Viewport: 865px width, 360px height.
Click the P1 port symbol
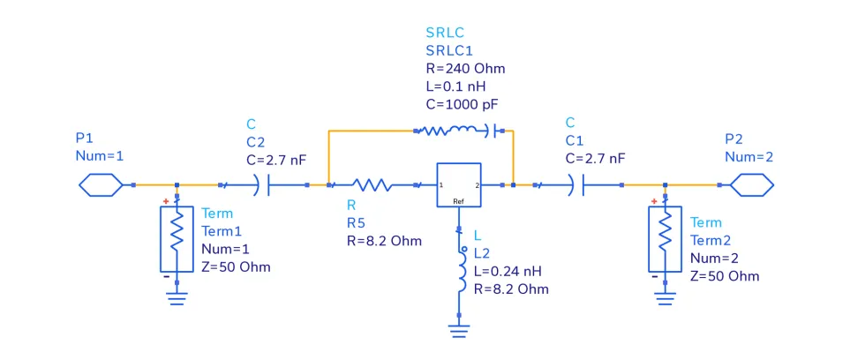pyautogui.click(x=101, y=185)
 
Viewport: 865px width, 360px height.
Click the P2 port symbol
pyautogui.click(x=751, y=185)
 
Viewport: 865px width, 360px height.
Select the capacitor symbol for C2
pyautogui.click(x=263, y=185)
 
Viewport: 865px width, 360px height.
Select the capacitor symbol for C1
pyautogui.click(x=578, y=185)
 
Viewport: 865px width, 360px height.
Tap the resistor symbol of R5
pyautogui.click(x=372, y=185)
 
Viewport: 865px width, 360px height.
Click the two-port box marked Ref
pyautogui.click(x=459, y=185)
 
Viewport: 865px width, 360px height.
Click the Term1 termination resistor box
pyautogui.click(x=177, y=239)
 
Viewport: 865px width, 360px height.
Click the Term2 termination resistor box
pyautogui.click(x=665, y=239)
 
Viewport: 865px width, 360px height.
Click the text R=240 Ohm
pyautogui.click(x=465, y=68)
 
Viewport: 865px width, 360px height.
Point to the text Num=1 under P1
pyautogui.click(x=100, y=155)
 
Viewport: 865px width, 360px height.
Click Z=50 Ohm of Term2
pyautogui.click(x=725, y=275)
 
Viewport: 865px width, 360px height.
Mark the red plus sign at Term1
pyautogui.click(x=165, y=202)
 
